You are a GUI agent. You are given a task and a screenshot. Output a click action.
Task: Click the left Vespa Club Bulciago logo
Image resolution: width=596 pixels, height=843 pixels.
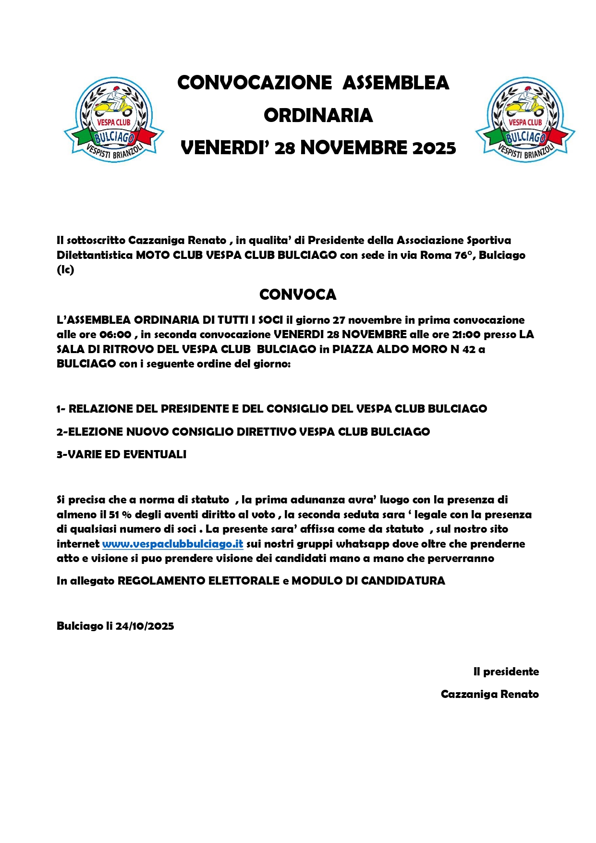(x=114, y=120)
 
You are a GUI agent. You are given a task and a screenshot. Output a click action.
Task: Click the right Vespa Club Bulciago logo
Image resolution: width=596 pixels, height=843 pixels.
(x=525, y=120)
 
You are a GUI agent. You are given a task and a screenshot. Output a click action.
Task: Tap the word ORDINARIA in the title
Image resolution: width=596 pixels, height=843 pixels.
(x=318, y=115)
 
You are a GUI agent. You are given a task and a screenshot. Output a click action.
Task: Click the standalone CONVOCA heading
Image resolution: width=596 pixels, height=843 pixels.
(x=298, y=294)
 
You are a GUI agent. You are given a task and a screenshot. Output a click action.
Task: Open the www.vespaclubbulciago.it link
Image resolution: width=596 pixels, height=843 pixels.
(x=172, y=544)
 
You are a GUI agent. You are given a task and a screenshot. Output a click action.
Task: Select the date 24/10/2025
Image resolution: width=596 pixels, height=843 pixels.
(x=145, y=626)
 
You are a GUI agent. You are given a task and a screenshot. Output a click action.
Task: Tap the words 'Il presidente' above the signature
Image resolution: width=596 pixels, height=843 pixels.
(x=506, y=672)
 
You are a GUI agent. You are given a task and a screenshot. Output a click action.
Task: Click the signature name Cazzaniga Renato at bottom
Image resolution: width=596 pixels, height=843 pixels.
(x=489, y=694)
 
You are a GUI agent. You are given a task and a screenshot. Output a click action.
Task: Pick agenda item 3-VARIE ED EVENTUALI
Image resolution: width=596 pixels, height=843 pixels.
(x=122, y=454)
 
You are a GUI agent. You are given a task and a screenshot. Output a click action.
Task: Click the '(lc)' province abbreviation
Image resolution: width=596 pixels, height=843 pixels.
(x=65, y=270)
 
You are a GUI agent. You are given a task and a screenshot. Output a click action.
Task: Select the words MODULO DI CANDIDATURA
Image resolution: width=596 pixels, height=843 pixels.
(x=368, y=581)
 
